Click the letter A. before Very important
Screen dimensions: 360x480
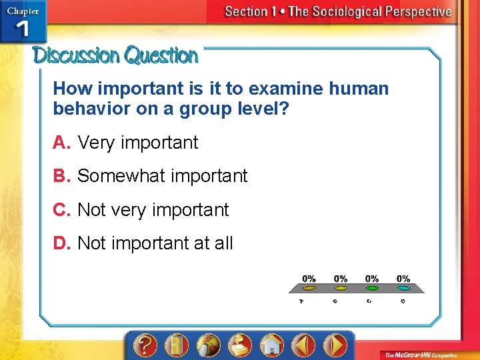(x=63, y=143)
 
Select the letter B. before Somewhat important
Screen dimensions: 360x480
(x=63, y=176)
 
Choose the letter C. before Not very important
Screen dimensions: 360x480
(x=63, y=210)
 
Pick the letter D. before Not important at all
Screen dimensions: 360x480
(x=63, y=243)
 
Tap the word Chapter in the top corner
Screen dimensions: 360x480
(x=23, y=10)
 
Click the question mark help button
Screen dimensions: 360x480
(x=144, y=345)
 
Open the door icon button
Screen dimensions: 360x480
(x=176, y=345)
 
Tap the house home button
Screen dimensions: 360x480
(x=272, y=345)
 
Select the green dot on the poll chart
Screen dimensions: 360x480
(x=372, y=289)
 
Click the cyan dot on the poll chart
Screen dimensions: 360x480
(x=403, y=289)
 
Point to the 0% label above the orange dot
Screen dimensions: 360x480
(x=309, y=279)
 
